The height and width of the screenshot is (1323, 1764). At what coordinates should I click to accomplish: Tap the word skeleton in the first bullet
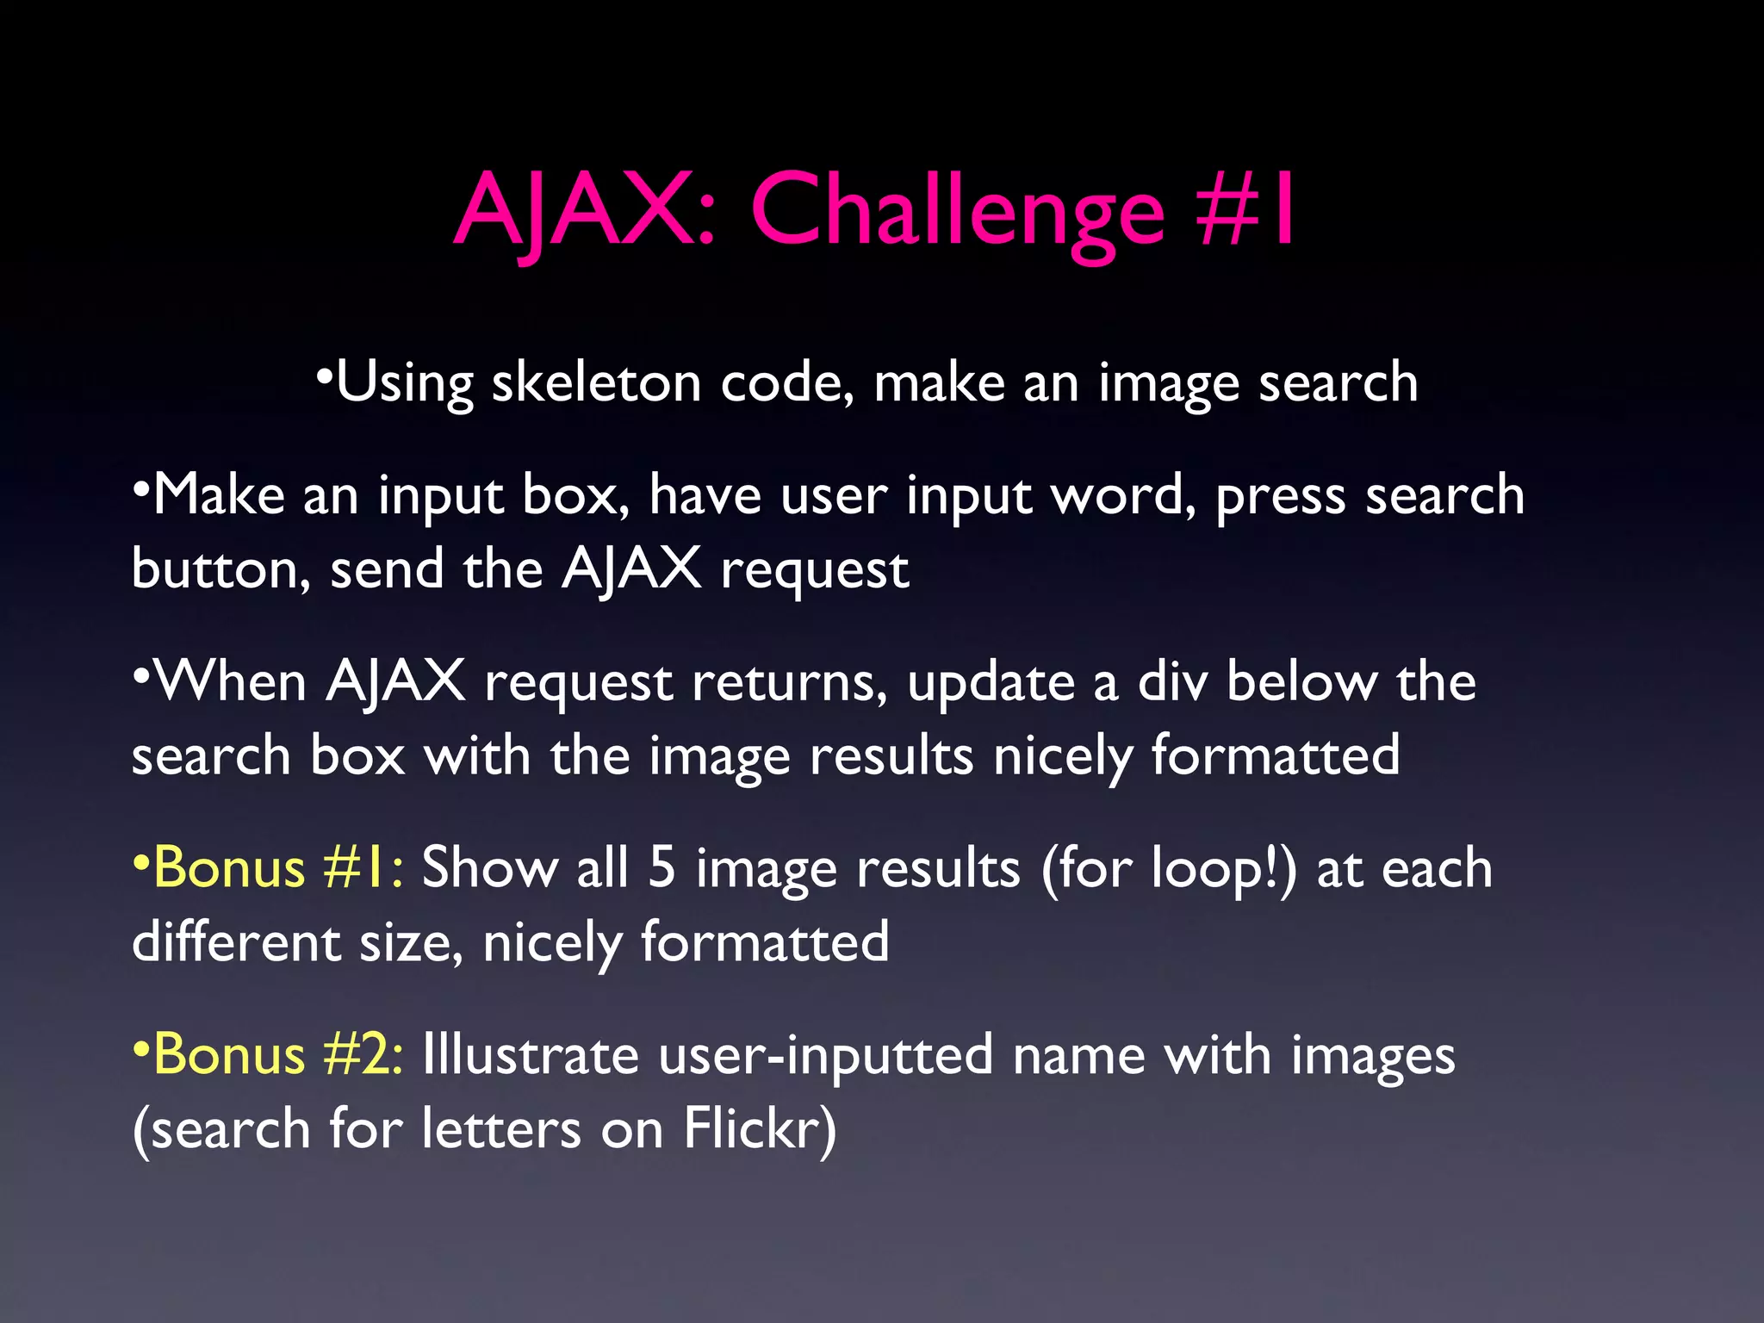[596, 382]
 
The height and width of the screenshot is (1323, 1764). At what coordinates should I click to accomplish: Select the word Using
[405, 382]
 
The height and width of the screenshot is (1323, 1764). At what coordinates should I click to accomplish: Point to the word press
[1280, 496]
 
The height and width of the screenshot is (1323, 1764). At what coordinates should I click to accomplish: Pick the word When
[231, 682]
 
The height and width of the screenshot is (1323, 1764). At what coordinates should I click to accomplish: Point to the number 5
[661, 867]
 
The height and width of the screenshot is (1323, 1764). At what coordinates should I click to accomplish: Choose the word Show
[489, 867]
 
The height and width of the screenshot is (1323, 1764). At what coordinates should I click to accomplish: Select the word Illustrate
[530, 1055]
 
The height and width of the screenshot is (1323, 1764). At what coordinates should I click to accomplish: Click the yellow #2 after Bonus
[363, 1055]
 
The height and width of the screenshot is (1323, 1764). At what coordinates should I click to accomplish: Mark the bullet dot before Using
[324, 376]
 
